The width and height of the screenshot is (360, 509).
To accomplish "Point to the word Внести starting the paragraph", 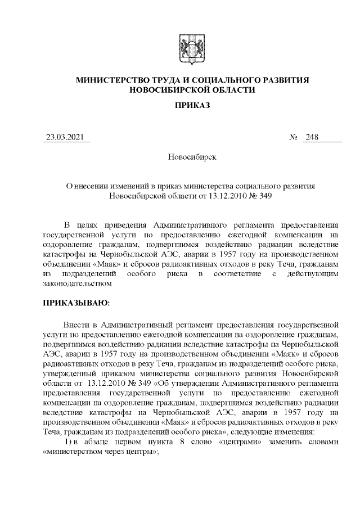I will pos(76,325).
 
